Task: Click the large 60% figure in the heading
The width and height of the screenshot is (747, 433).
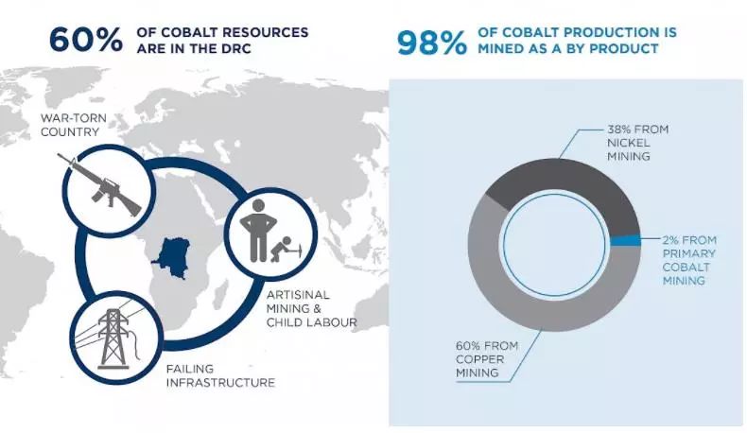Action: click(86, 39)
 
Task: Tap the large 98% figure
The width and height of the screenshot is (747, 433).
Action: click(431, 43)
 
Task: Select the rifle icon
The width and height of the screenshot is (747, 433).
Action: click(99, 184)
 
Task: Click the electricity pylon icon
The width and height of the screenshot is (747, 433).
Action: click(113, 338)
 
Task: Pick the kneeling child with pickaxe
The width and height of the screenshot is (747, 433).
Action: click(286, 250)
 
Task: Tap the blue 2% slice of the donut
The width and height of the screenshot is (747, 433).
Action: click(625, 240)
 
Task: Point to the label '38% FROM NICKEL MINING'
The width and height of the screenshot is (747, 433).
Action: click(637, 143)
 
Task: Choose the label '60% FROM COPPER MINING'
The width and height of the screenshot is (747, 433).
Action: click(486, 359)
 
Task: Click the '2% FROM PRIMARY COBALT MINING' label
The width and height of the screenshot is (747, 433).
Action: click(689, 260)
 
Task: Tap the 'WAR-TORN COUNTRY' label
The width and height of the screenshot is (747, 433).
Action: click(74, 125)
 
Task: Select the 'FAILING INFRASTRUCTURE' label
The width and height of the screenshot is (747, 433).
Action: click(220, 376)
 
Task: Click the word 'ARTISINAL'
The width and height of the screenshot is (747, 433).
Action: click(298, 295)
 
